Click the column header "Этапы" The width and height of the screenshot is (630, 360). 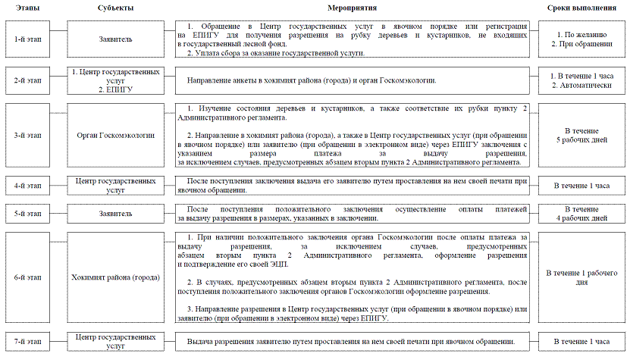[27, 8]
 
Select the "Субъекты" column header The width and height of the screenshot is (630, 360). [116, 8]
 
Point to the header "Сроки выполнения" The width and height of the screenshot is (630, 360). [582, 8]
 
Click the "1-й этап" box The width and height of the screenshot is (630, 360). [27, 37]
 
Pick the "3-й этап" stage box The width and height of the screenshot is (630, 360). [27, 136]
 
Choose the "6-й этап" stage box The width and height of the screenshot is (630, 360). [27, 277]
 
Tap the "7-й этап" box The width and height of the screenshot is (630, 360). [27, 342]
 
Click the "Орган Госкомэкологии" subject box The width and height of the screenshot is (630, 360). [116, 136]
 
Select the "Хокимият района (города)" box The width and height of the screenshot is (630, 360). [116, 277]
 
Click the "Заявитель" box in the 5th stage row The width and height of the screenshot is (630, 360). [116, 213]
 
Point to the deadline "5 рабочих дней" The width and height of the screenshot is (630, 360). [582, 141]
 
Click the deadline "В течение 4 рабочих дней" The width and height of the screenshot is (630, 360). [582, 213]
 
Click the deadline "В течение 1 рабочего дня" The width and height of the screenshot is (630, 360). [582, 277]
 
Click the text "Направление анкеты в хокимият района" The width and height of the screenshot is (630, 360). [311, 80]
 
